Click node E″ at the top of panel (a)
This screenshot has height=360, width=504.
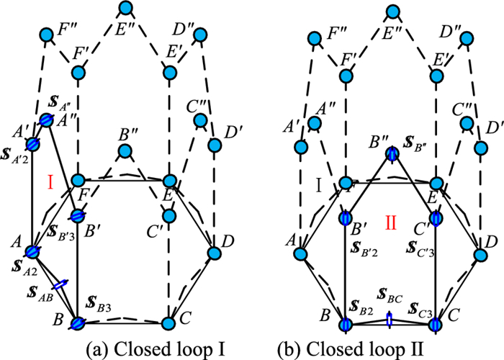(x=126, y=9)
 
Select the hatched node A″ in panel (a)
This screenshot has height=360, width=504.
(x=47, y=120)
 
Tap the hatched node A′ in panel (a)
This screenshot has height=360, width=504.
(x=34, y=143)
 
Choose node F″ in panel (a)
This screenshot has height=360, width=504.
(x=47, y=34)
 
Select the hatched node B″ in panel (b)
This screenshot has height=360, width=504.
(x=391, y=153)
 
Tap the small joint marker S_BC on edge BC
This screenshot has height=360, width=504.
(x=390, y=319)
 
